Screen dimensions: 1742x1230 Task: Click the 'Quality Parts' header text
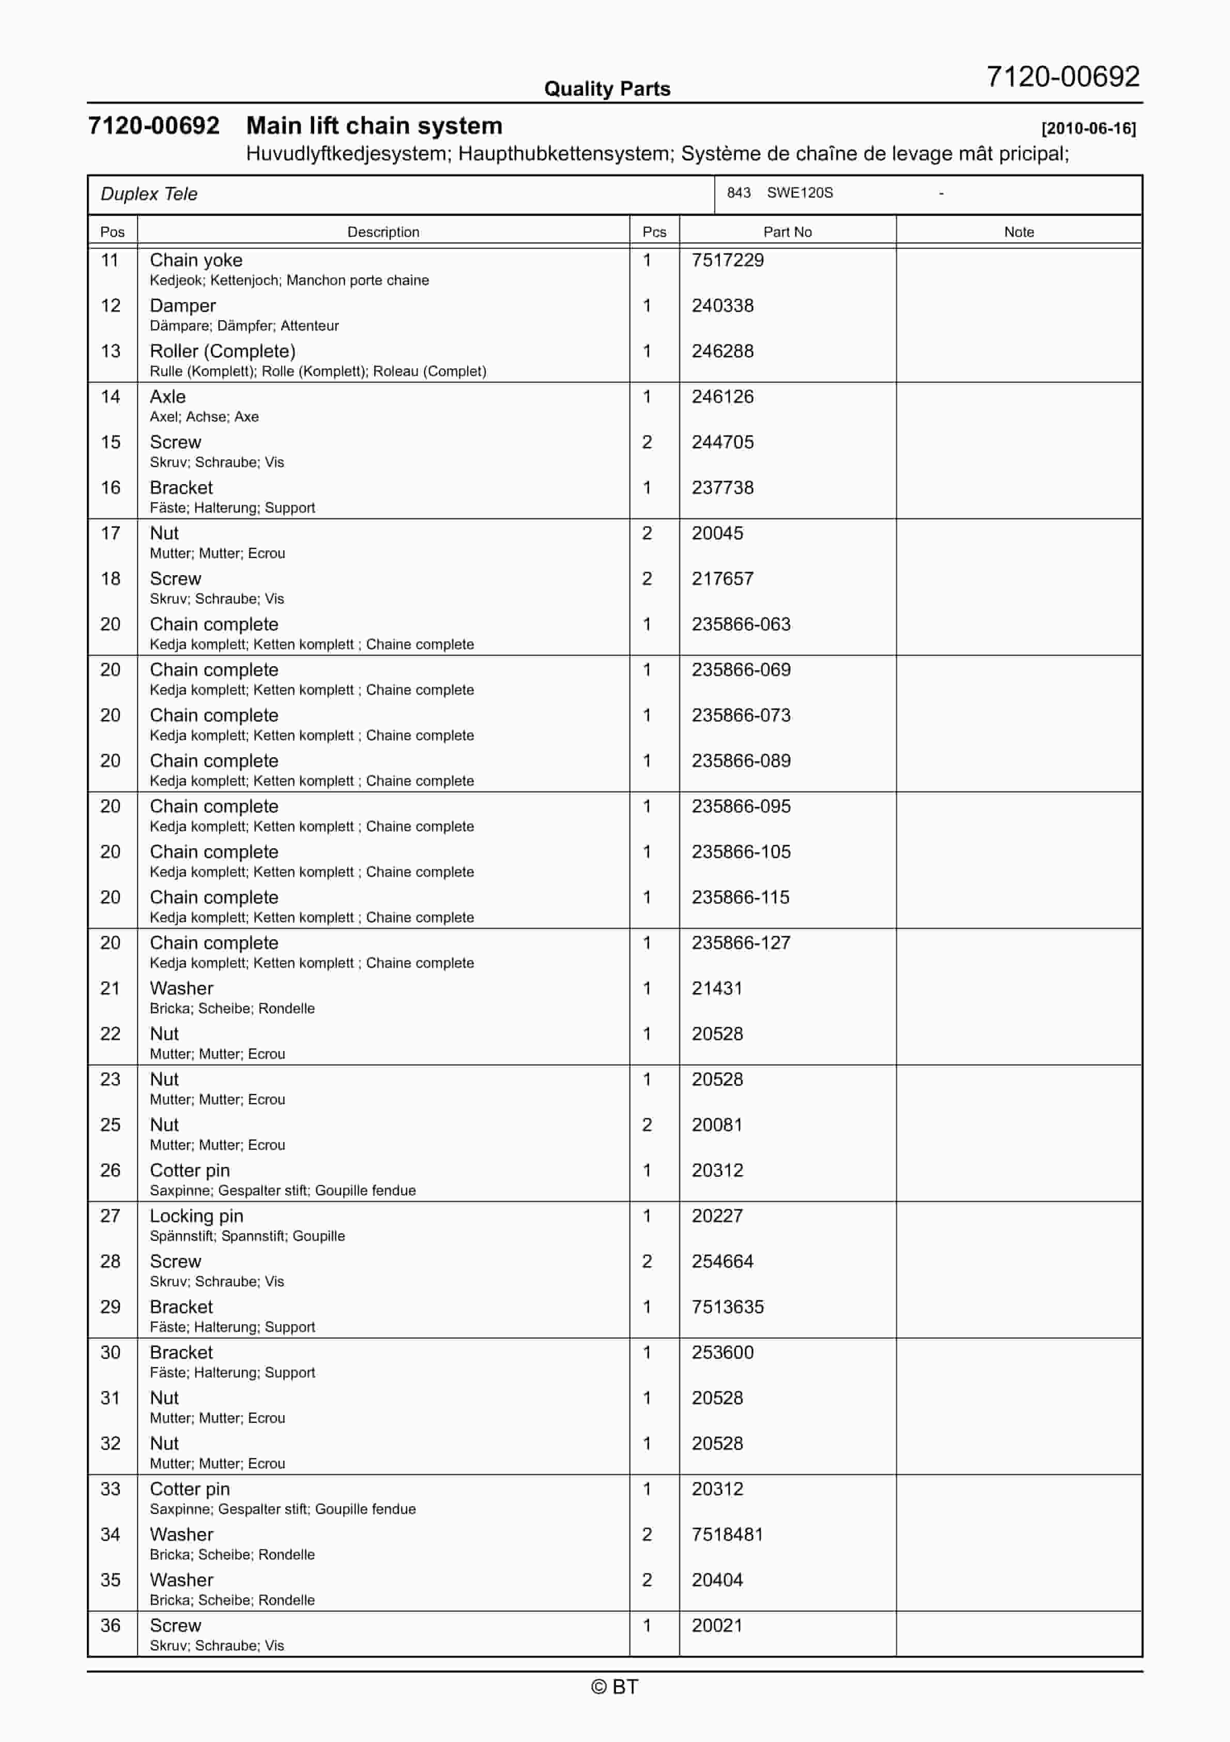coord(607,89)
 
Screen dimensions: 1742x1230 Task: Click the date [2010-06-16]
coord(1088,128)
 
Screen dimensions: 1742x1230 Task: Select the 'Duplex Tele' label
coord(149,194)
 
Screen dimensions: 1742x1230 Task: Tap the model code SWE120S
coord(800,193)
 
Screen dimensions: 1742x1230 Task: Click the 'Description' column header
coord(383,232)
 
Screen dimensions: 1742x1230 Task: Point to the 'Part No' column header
coord(787,232)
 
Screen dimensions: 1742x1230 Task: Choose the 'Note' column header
coord(1019,232)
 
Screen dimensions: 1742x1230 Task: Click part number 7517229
coord(727,260)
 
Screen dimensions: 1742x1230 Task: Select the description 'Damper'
coord(183,306)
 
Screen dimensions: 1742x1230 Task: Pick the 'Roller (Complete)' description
coord(222,351)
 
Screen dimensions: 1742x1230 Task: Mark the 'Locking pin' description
coord(196,1216)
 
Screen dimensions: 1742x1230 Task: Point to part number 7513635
coord(727,1307)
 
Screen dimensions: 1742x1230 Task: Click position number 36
coord(111,1626)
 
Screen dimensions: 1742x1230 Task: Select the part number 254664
coord(722,1262)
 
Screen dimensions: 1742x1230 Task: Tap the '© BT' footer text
coord(614,1687)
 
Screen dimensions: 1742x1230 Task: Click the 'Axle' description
coord(167,397)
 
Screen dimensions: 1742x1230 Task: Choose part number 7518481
coord(727,1535)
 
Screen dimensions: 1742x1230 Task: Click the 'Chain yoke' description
coord(196,260)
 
